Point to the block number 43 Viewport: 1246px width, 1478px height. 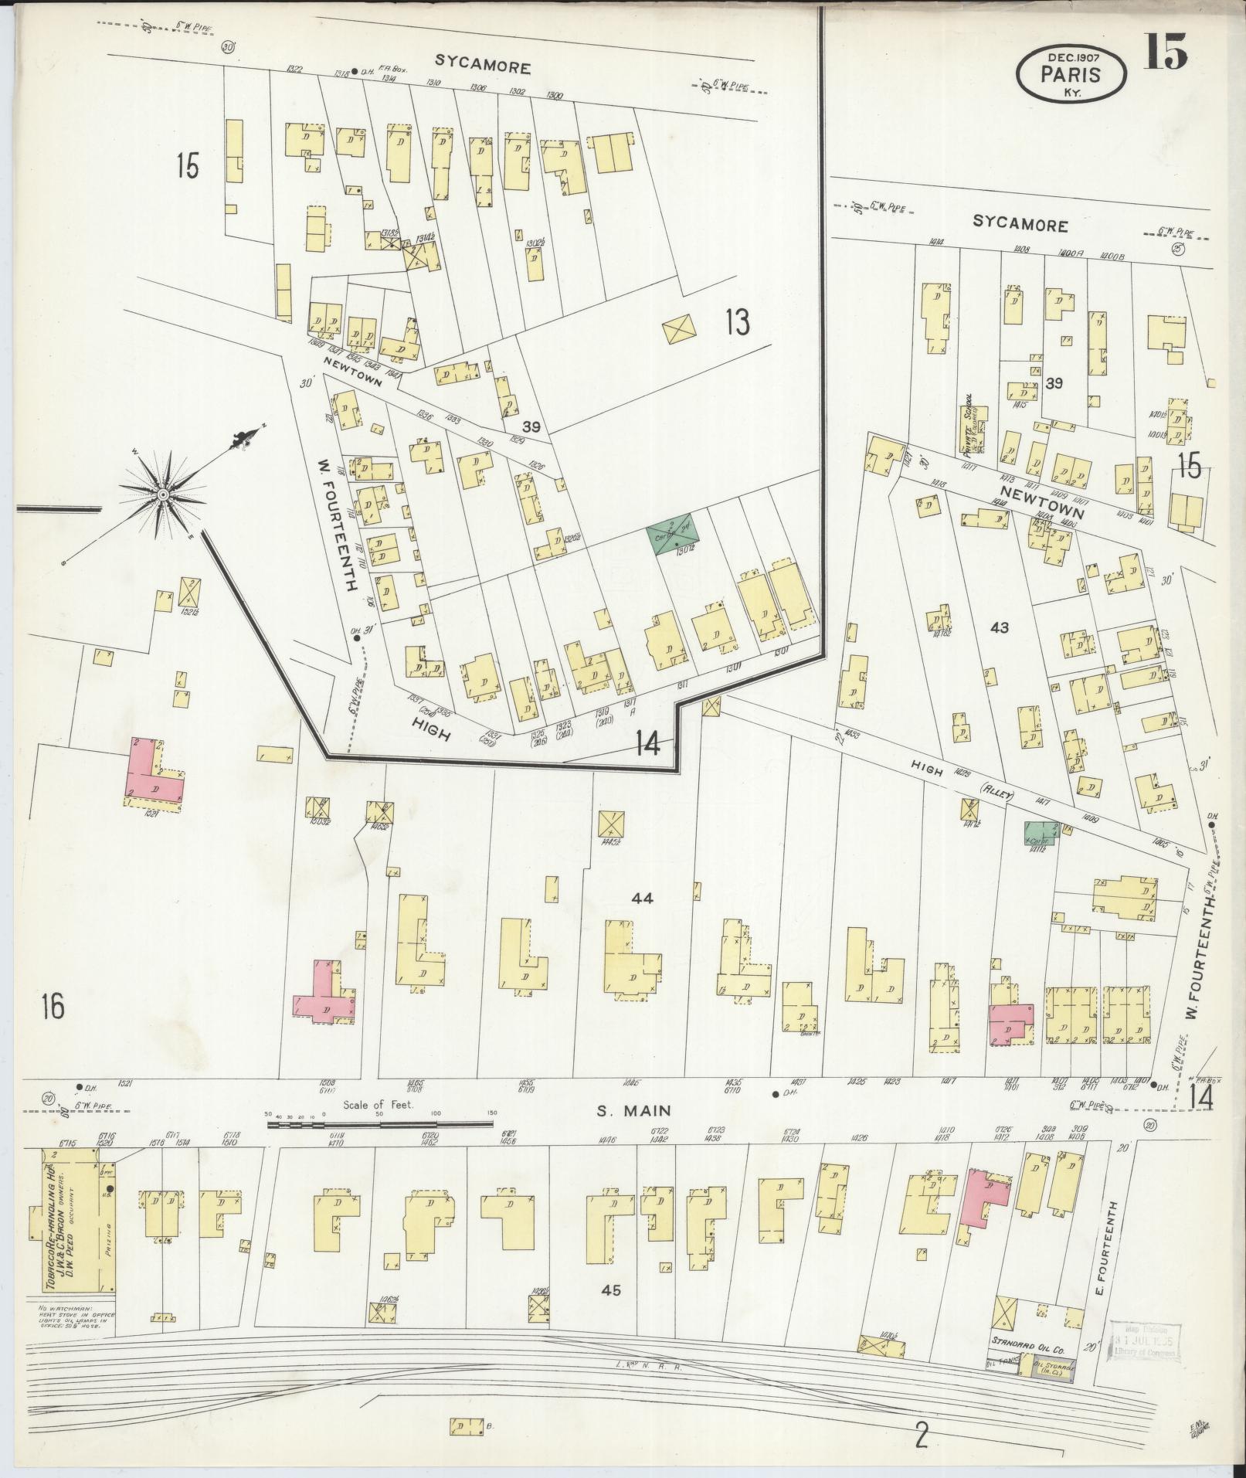click(x=999, y=627)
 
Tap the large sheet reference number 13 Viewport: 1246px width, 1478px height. click(x=738, y=322)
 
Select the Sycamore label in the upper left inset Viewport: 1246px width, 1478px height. click(x=482, y=67)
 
